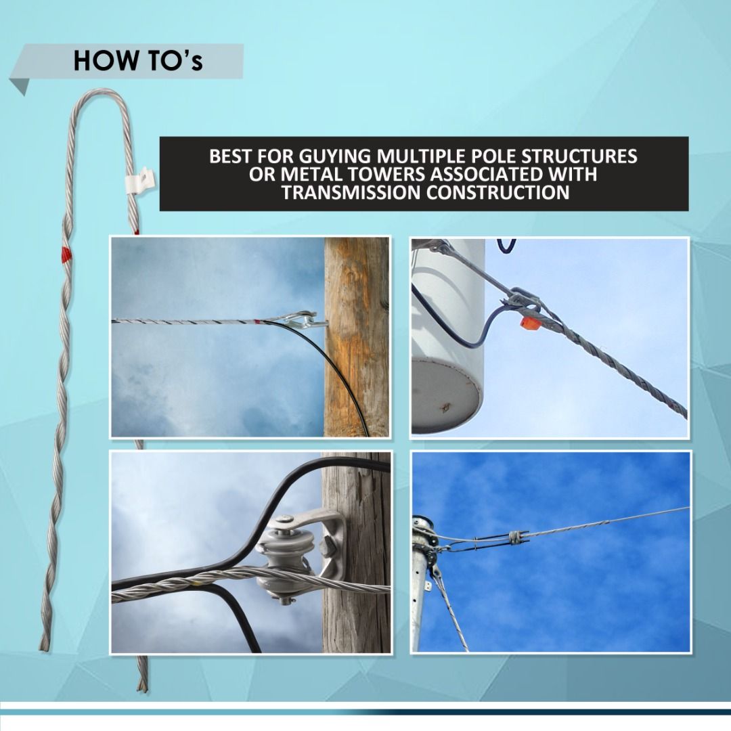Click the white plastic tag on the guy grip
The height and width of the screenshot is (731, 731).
(x=141, y=179)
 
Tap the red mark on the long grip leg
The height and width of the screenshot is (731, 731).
(x=66, y=254)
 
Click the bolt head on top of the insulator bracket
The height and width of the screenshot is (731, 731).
(x=282, y=520)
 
